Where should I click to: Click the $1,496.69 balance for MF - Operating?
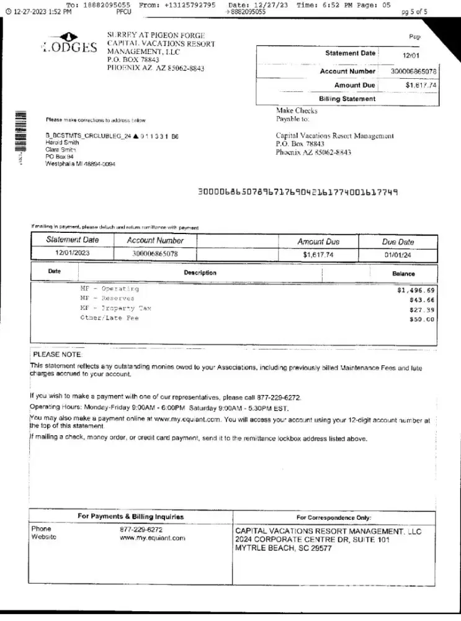click(x=416, y=290)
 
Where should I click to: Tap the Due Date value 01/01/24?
click(x=397, y=254)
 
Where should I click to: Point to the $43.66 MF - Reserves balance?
click(x=422, y=300)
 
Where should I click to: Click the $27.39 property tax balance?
click(x=422, y=309)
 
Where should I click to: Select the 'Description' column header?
click(x=200, y=273)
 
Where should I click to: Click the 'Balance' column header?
click(x=403, y=273)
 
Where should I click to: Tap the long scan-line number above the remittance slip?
click(x=297, y=193)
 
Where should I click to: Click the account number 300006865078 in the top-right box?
click(x=414, y=71)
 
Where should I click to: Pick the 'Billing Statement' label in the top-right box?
click(x=347, y=99)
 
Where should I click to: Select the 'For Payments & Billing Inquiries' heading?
click(x=130, y=517)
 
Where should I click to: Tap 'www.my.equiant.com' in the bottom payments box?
click(x=153, y=538)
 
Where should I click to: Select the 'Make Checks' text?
click(x=297, y=111)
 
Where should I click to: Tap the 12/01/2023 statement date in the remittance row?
click(x=73, y=253)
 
